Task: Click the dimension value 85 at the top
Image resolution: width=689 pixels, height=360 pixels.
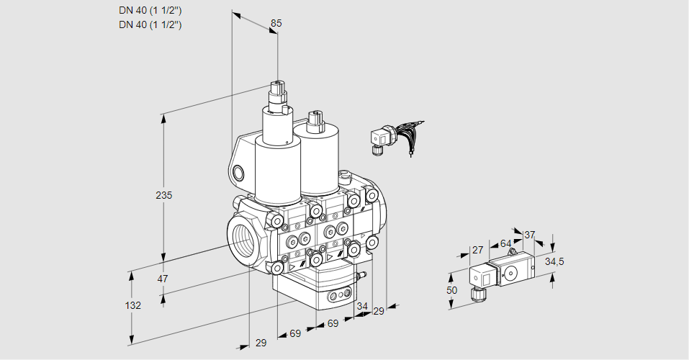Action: pos(276,23)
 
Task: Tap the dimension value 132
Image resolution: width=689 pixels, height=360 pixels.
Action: pos(132,305)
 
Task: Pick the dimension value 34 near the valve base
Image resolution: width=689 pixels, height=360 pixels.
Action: pos(361,306)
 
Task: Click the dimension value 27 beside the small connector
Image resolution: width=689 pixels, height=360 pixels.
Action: pos(477,250)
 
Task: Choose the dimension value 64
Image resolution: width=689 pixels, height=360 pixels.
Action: pos(505,243)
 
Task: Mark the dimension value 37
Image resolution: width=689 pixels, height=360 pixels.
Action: pos(529,235)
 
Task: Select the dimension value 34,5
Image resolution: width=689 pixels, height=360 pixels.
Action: pos(554,261)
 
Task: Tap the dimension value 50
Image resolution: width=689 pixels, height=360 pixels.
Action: pos(451,290)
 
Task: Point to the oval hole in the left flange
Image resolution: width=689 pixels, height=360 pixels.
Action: pos(239,173)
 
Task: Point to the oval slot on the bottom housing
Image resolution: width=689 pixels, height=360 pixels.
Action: pos(338,295)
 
